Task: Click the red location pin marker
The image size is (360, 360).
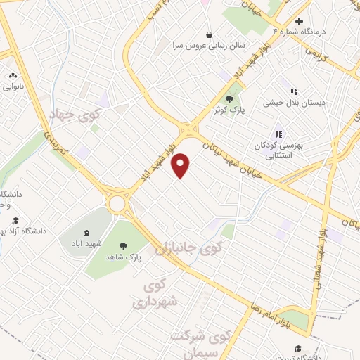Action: tap(181, 165)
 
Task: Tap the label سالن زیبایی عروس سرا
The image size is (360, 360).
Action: tap(209, 46)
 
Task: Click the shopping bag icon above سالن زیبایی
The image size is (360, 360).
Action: tap(209, 34)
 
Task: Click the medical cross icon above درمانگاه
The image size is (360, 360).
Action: tap(299, 21)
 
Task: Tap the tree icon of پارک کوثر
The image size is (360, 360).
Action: tap(229, 99)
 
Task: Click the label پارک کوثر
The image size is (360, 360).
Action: tap(229, 111)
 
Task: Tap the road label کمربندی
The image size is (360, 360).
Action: tap(54, 141)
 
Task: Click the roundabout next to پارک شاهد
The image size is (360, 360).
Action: tap(117, 205)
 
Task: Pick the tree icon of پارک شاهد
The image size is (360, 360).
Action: tap(124, 246)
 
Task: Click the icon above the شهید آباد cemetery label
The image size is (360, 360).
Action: tap(86, 233)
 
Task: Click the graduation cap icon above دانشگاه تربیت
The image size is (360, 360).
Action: tap(297, 349)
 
